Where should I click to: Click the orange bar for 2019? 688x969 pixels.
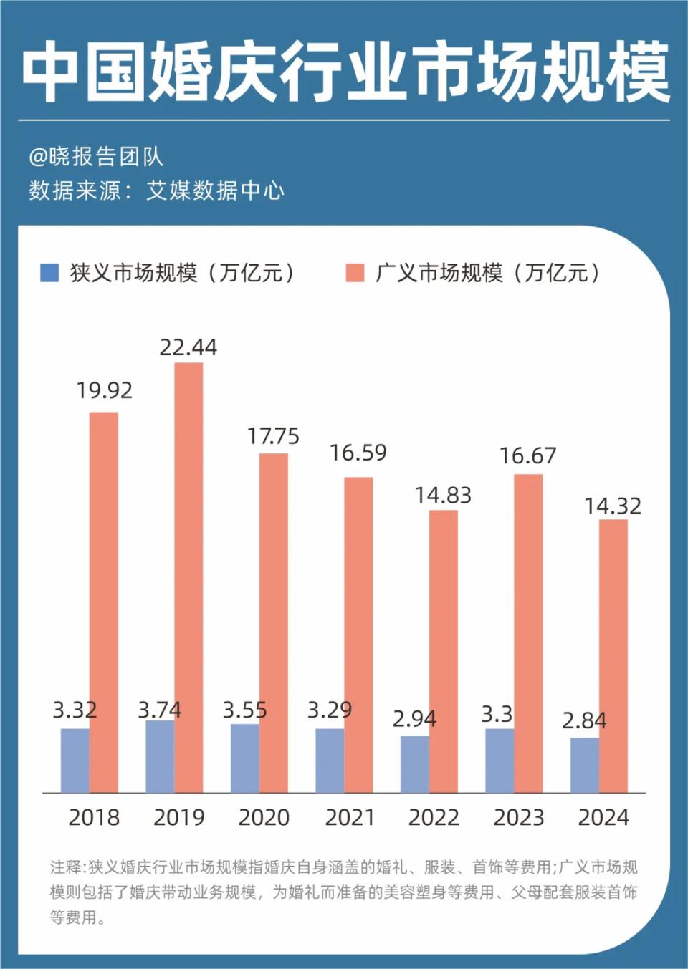[188, 577]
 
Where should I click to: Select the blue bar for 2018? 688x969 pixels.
[75, 761]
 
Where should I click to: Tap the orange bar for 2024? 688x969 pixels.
[613, 656]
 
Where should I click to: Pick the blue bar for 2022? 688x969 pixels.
[414, 764]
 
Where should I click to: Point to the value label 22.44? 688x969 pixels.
[188, 347]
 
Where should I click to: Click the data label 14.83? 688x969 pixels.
[443, 495]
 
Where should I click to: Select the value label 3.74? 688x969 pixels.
[159, 710]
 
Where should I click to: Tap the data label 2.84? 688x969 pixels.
[584, 720]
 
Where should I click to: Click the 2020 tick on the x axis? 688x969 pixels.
[264, 817]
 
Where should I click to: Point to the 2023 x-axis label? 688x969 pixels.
[519, 817]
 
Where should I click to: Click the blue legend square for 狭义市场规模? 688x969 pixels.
[49, 273]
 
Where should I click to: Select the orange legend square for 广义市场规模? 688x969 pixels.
[355, 273]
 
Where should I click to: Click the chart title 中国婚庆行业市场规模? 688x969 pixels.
[344, 72]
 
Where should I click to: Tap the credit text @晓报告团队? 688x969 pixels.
[96, 157]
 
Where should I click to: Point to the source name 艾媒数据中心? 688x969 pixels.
[215, 191]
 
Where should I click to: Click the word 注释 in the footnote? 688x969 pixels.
[66, 867]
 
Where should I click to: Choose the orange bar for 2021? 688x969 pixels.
[358, 635]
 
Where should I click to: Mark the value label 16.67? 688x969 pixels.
[527, 455]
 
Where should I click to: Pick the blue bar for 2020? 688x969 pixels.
[244, 758]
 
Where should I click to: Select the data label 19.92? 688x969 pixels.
[104, 390]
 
